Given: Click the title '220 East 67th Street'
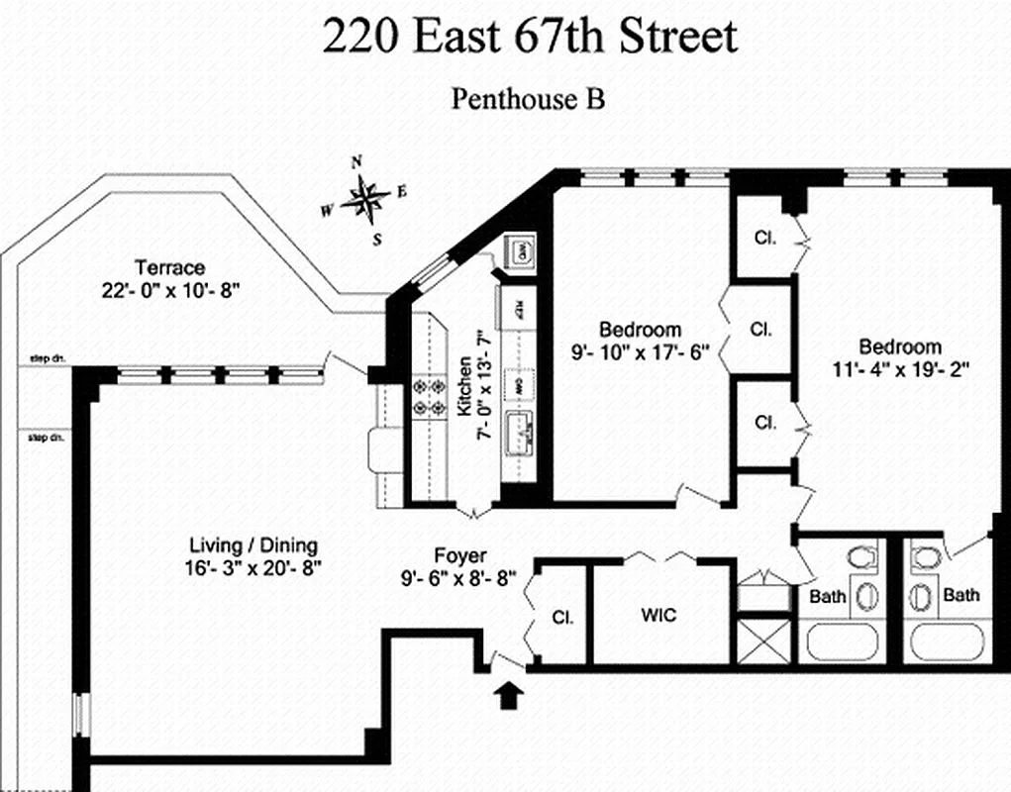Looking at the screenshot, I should click(x=530, y=38).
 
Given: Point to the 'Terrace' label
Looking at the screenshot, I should click(x=169, y=268).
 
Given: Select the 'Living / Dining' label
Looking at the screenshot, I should click(x=253, y=545).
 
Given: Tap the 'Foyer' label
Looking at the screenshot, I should click(x=460, y=556).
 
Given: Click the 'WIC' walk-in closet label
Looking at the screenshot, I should click(x=657, y=615).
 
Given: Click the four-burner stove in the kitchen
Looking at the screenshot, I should click(x=427, y=396).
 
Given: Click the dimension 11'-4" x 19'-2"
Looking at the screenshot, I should click(x=899, y=369).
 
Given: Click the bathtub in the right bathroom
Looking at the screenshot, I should click(x=950, y=643).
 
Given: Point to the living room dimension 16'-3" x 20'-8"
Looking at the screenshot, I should click(x=253, y=568).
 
